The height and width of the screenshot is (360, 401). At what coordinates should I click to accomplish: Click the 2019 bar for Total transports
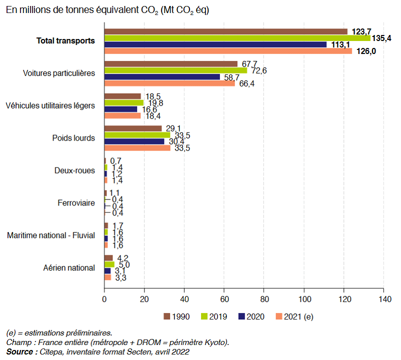tap(237, 38)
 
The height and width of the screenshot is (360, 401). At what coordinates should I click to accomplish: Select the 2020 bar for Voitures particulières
tap(162, 77)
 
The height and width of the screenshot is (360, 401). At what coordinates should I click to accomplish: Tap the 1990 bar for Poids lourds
tap(133, 128)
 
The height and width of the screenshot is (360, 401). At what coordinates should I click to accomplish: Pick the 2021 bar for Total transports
tap(228, 51)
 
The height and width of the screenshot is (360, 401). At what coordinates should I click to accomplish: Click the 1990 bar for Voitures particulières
tap(171, 64)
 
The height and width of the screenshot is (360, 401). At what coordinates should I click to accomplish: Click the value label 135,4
tap(384, 38)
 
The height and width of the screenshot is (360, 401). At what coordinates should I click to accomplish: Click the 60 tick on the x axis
tap(224, 299)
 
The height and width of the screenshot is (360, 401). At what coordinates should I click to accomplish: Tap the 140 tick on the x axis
tap(383, 299)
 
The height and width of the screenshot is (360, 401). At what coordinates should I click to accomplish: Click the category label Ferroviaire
tap(76, 203)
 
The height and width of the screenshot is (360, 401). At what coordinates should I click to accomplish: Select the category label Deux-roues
tap(74, 170)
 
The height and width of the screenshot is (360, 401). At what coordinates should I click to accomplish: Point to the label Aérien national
tap(69, 267)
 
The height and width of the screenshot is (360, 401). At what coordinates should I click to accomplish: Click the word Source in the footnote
tap(20, 351)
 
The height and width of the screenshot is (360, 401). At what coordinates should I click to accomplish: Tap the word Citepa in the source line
tap(51, 351)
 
